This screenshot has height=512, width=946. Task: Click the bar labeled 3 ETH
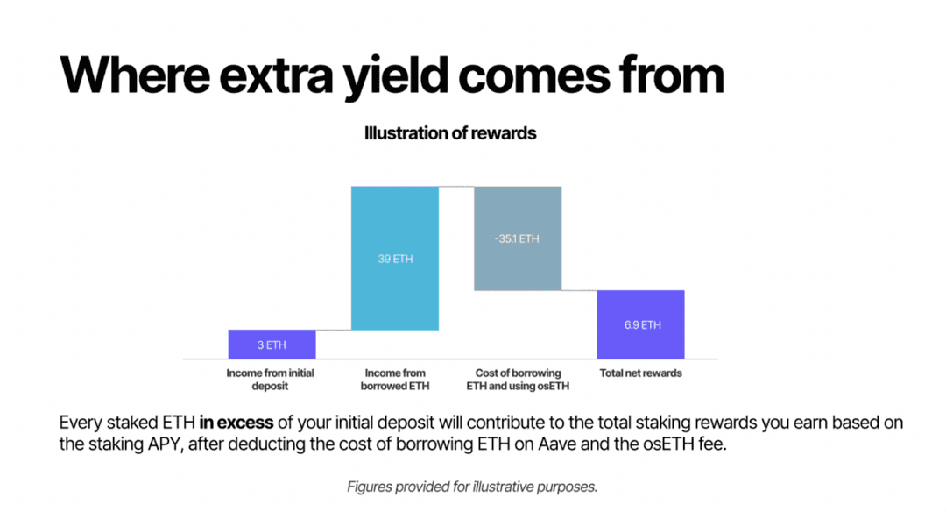272,345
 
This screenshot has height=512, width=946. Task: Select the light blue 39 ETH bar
394,258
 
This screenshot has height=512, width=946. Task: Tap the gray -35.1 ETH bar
518,238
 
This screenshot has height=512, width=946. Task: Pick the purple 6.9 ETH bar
640,325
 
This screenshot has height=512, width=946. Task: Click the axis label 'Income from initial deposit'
270,379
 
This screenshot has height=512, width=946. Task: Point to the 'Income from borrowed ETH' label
395,379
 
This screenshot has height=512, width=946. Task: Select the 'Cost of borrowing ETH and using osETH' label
518,379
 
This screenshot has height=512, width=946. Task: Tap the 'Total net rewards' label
640,373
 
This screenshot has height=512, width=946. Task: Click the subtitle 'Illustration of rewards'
450,133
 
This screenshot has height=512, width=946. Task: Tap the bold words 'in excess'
236,423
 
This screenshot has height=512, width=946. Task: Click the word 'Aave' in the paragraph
557,444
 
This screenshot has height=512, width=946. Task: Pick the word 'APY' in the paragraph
166,445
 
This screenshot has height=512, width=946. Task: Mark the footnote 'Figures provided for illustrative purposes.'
472,487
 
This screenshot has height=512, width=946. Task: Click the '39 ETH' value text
396,259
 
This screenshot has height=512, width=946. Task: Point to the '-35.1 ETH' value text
517,239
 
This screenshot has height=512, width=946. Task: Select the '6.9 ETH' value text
643,325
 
